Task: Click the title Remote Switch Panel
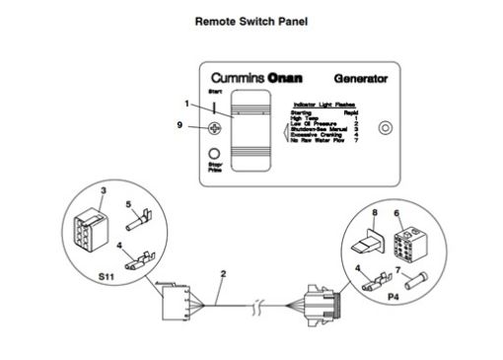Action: (x=251, y=19)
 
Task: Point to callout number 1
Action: (x=184, y=104)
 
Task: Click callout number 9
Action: (x=179, y=125)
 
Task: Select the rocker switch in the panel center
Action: (x=254, y=134)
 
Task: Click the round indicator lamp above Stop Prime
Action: (x=214, y=153)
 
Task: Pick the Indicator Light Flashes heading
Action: (x=324, y=104)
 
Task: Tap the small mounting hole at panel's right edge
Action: (x=386, y=127)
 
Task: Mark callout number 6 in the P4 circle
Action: (x=397, y=212)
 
